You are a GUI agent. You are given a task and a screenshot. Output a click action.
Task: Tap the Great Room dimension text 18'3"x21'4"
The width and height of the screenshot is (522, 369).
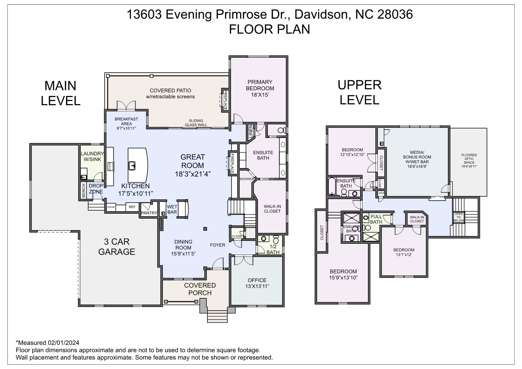[x=193, y=174]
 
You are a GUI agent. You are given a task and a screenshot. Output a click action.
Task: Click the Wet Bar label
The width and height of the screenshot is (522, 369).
[x=172, y=209]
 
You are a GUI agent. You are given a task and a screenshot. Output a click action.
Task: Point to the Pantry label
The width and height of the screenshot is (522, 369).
[x=149, y=213]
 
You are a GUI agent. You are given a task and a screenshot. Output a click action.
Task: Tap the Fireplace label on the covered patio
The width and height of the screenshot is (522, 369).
[x=225, y=100]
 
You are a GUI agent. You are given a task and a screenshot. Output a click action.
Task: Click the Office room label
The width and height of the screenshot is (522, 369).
[x=257, y=280]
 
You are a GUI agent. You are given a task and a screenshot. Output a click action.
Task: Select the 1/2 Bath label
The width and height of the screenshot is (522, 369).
[x=273, y=249]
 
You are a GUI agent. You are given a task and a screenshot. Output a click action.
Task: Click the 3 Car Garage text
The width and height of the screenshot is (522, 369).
[x=117, y=247]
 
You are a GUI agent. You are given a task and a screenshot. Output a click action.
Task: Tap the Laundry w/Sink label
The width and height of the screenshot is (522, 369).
[x=92, y=156]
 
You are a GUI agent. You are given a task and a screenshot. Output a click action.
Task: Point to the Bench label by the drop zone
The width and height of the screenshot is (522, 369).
[x=83, y=191]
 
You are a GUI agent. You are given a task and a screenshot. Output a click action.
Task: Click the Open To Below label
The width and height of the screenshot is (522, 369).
[x=458, y=217]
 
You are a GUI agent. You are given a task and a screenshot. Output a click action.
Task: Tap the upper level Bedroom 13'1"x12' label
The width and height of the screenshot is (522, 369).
[x=404, y=252]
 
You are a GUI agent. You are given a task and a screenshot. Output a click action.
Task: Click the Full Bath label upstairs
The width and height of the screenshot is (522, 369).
[x=376, y=219]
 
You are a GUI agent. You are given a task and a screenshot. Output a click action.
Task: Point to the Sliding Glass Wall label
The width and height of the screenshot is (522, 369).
[x=196, y=123]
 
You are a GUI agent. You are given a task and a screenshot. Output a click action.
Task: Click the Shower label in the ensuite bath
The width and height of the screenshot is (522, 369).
[x=247, y=179]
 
